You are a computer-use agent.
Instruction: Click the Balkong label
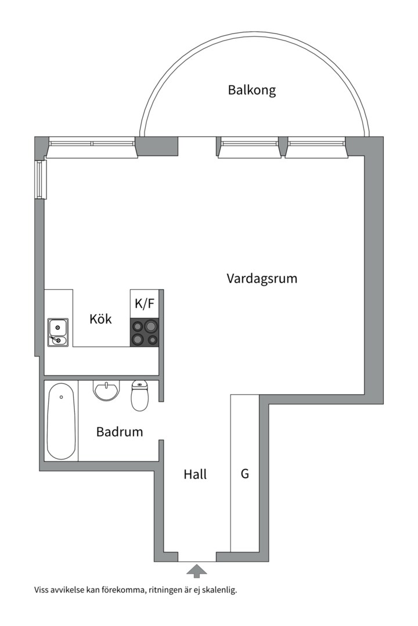tap(251, 90)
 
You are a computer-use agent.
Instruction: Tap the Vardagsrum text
tap(261, 278)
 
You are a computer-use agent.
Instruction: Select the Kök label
tap(100, 319)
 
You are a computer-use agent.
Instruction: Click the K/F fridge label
tap(145, 303)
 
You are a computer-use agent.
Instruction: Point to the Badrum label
tap(120, 432)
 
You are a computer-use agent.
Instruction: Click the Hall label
tap(195, 474)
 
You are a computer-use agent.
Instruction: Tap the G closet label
tap(245, 474)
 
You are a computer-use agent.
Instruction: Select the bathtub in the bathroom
tap(61, 420)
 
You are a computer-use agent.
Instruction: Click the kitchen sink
tap(58, 332)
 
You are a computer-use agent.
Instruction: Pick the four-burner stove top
tap(145, 333)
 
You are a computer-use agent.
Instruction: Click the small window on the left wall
tap(39, 179)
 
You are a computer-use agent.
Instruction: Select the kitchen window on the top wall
tap(92, 143)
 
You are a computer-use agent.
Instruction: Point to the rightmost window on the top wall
tap(315, 143)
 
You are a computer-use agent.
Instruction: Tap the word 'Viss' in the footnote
tap(42, 591)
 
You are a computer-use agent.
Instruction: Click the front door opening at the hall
tap(197, 557)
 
